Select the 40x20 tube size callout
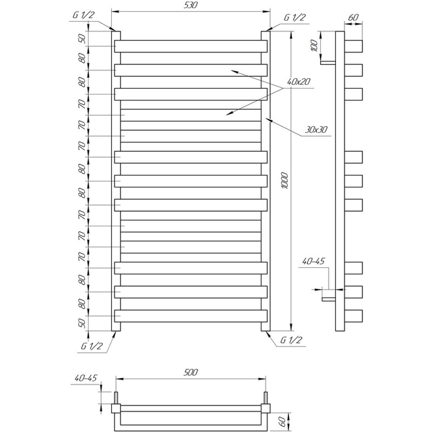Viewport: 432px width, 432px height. tap(299, 81)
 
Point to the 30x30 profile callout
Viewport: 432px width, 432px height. tap(316, 129)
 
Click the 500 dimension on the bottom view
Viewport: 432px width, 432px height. tap(190, 372)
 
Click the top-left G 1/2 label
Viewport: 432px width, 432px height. tap(83, 15)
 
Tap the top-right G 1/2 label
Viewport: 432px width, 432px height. tap(295, 18)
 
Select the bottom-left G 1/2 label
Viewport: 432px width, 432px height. tap(92, 346)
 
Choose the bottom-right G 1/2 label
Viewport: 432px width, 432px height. tap(291, 340)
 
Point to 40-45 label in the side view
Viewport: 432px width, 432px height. tap(314, 261)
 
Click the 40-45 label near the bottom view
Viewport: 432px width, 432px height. tap(86, 378)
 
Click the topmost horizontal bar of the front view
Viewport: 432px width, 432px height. tap(191, 46)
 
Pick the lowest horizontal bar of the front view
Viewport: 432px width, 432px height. tap(191, 316)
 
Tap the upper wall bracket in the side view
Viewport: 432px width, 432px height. tap(328, 63)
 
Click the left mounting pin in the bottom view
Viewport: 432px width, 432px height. tap(116, 398)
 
